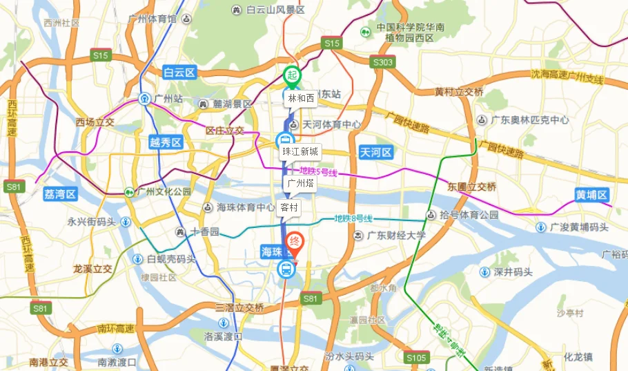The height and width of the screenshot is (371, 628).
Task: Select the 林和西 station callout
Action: (x=301, y=98)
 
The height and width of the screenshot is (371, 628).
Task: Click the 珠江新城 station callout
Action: (x=300, y=151)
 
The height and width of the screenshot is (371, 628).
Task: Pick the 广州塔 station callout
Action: (x=300, y=183)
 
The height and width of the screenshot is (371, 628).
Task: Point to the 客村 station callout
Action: (x=290, y=207)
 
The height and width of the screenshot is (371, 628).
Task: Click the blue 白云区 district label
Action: (x=180, y=72)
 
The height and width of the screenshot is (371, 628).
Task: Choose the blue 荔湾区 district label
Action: (x=59, y=194)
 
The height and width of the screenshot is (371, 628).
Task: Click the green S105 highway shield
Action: (x=416, y=357)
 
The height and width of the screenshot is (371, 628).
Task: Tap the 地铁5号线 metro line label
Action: (x=317, y=171)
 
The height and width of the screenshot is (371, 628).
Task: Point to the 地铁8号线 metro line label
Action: (x=353, y=218)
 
